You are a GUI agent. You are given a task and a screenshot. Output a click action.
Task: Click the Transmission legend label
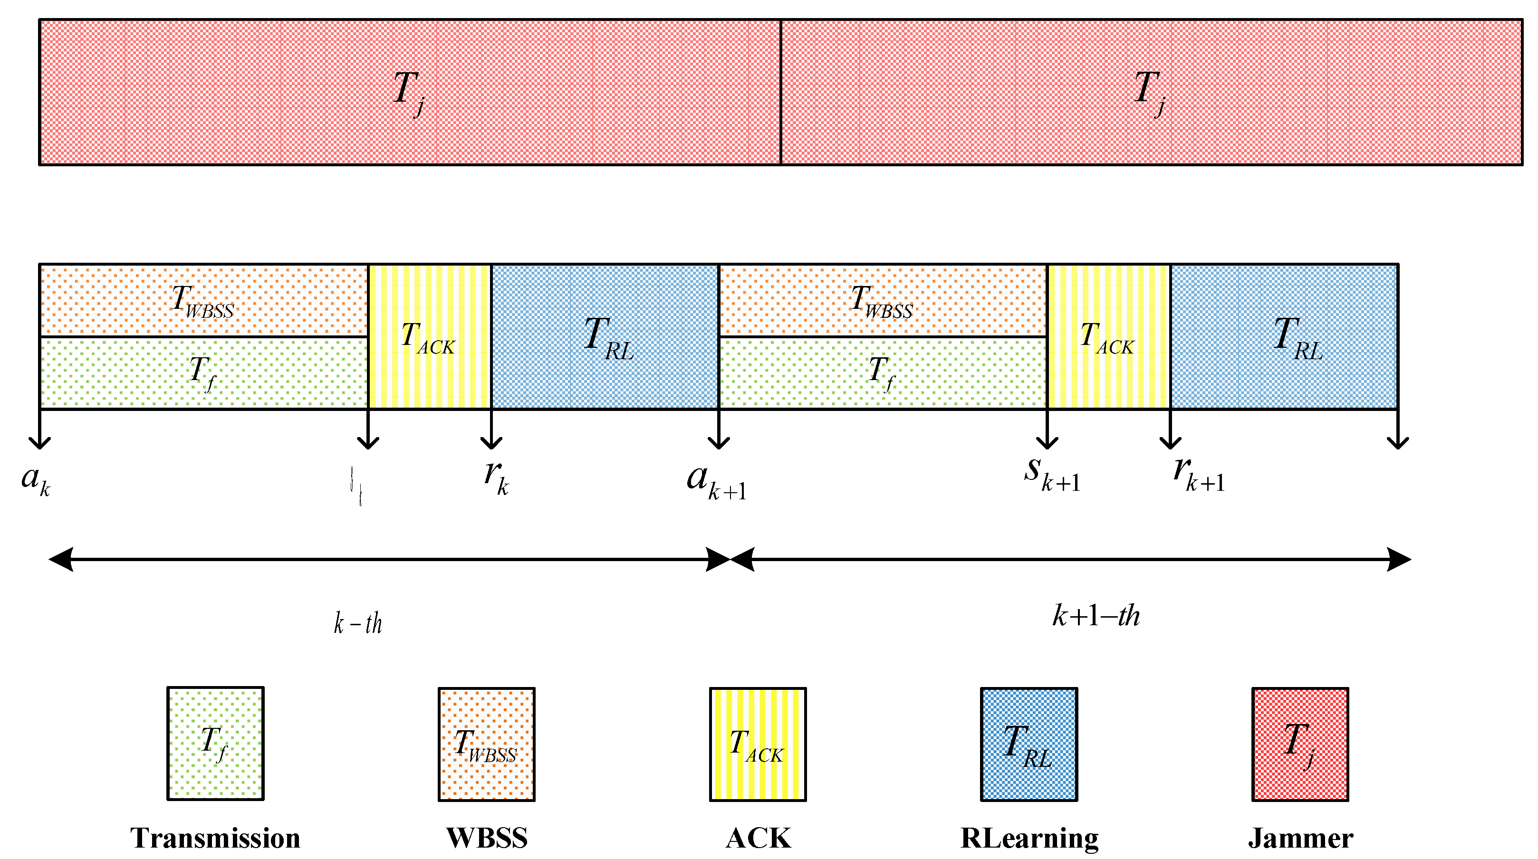coord(215,838)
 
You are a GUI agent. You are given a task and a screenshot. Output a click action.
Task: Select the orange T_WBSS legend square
coord(486,744)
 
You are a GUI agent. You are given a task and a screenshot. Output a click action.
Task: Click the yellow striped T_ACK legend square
coord(758,744)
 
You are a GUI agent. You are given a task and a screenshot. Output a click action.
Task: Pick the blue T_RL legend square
coord(1029,744)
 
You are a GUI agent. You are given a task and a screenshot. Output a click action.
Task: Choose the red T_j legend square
coord(1300,744)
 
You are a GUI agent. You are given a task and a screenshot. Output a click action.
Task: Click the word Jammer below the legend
coord(1300,838)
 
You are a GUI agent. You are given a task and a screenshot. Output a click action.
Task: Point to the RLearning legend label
coord(1029,838)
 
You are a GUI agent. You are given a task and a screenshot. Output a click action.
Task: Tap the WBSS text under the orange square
coord(487,838)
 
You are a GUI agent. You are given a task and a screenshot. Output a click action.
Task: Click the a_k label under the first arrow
coord(36,479)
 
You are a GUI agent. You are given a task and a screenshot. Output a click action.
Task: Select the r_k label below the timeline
coord(496,477)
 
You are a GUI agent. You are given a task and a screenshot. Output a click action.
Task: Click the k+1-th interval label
coord(1096,615)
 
